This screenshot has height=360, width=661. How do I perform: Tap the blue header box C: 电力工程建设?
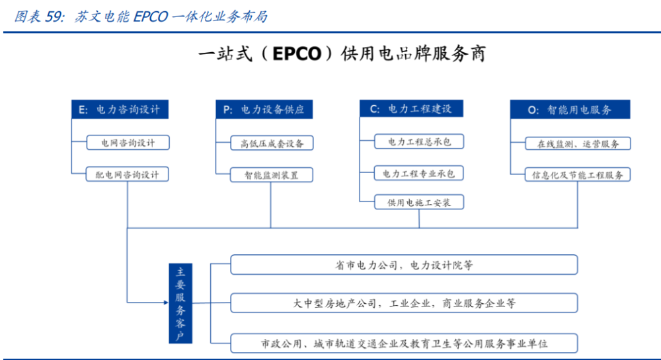(411, 109)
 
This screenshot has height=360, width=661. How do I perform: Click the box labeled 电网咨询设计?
(128, 142)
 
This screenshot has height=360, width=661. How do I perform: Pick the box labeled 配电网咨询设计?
(128, 174)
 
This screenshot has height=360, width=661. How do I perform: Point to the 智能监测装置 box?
(272, 175)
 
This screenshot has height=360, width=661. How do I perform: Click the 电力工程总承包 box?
(419, 141)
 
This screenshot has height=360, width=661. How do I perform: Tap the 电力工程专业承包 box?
(419, 173)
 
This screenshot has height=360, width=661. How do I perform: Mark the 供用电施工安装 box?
(419, 202)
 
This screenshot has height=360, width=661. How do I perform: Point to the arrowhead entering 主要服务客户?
(166, 303)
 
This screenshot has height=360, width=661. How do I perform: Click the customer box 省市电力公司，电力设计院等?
(404, 265)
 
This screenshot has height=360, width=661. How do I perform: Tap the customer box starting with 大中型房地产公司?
(404, 303)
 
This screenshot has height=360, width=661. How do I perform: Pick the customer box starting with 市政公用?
(404, 343)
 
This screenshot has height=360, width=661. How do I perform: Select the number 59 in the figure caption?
(54, 17)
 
